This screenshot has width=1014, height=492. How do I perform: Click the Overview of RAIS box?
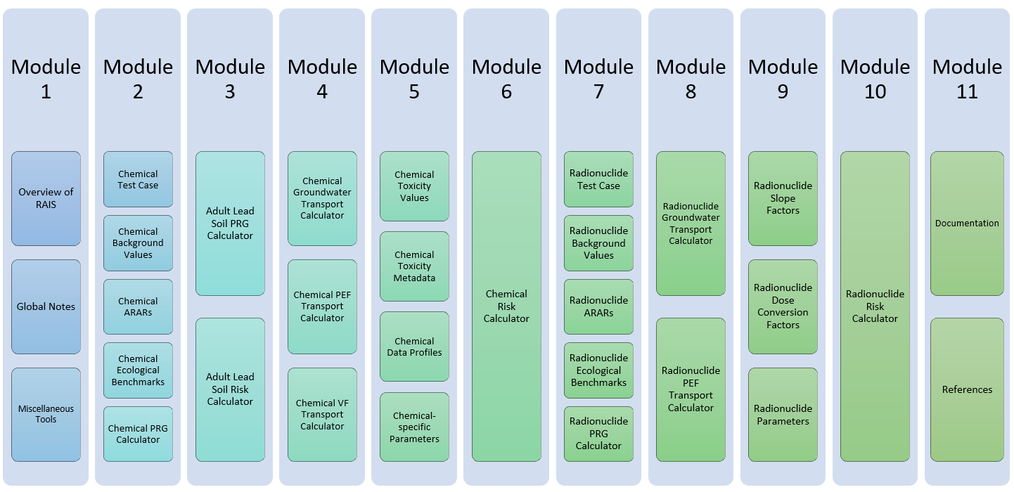click(x=46, y=198)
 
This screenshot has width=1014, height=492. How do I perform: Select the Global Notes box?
click(x=46, y=306)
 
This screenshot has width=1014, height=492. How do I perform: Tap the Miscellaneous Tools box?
click(x=46, y=414)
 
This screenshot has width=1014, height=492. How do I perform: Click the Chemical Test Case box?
click(x=138, y=179)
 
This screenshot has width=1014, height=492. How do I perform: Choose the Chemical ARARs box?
click(x=138, y=306)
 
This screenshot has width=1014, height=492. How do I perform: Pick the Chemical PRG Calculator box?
click(x=138, y=434)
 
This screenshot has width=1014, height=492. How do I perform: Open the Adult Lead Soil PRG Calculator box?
click(x=230, y=223)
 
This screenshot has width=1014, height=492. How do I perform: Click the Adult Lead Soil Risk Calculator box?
click(x=230, y=389)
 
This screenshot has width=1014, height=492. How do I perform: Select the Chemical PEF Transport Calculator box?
click(x=322, y=306)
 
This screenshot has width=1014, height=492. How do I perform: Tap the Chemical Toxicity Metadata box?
click(x=414, y=266)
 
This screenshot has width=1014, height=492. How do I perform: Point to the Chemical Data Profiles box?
click(x=414, y=347)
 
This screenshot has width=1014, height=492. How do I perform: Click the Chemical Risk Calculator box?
click(x=506, y=306)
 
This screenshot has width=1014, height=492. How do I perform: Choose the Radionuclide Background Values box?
click(x=598, y=243)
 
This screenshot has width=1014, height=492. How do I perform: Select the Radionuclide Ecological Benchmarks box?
click(x=598, y=370)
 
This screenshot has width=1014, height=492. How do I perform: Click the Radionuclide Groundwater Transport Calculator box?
click(x=691, y=224)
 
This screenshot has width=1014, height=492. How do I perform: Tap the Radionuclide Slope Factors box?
click(x=783, y=198)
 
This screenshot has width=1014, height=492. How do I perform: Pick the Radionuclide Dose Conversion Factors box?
click(x=783, y=306)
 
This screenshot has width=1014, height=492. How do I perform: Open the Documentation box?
click(x=967, y=224)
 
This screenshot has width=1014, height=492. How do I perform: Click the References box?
click(x=967, y=389)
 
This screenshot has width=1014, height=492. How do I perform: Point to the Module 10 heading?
click(x=875, y=79)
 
